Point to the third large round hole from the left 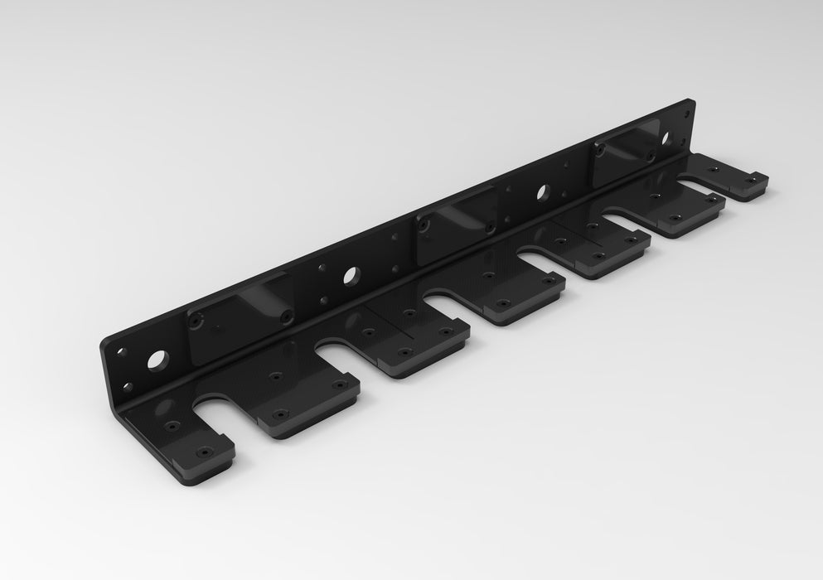(x=542, y=191)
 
